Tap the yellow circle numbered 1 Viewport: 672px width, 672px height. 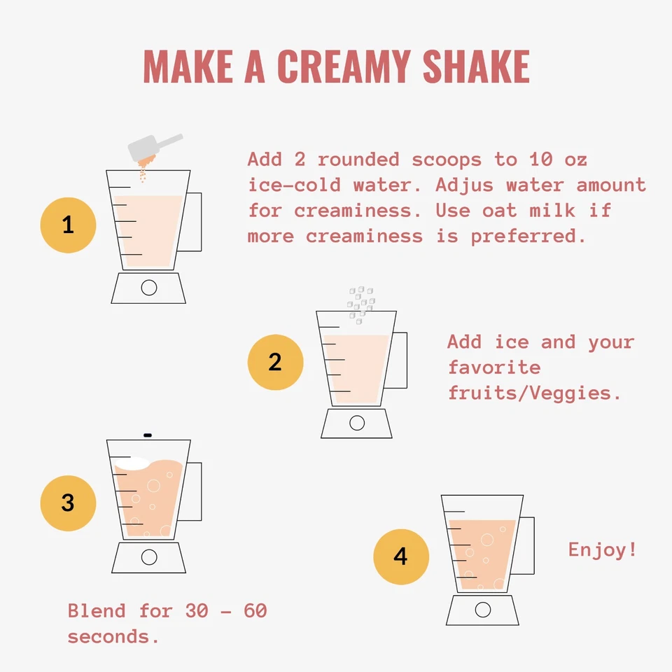tap(68, 225)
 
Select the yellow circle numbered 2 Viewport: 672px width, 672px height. tap(275, 362)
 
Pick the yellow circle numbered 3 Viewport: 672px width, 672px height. tap(68, 503)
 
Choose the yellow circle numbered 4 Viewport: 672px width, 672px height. tap(400, 556)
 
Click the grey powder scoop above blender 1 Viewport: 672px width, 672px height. tap(153, 146)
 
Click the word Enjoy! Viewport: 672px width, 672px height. tap(603, 549)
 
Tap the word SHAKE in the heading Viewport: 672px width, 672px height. tap(475, 66)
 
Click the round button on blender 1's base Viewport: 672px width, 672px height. tap(148, 287)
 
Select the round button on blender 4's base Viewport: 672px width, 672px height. tap(482, 610)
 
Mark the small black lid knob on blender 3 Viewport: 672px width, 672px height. tap(148, 435)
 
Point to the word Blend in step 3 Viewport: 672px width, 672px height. tap(97, 611)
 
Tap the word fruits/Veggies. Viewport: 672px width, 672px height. tap(535, 393)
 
